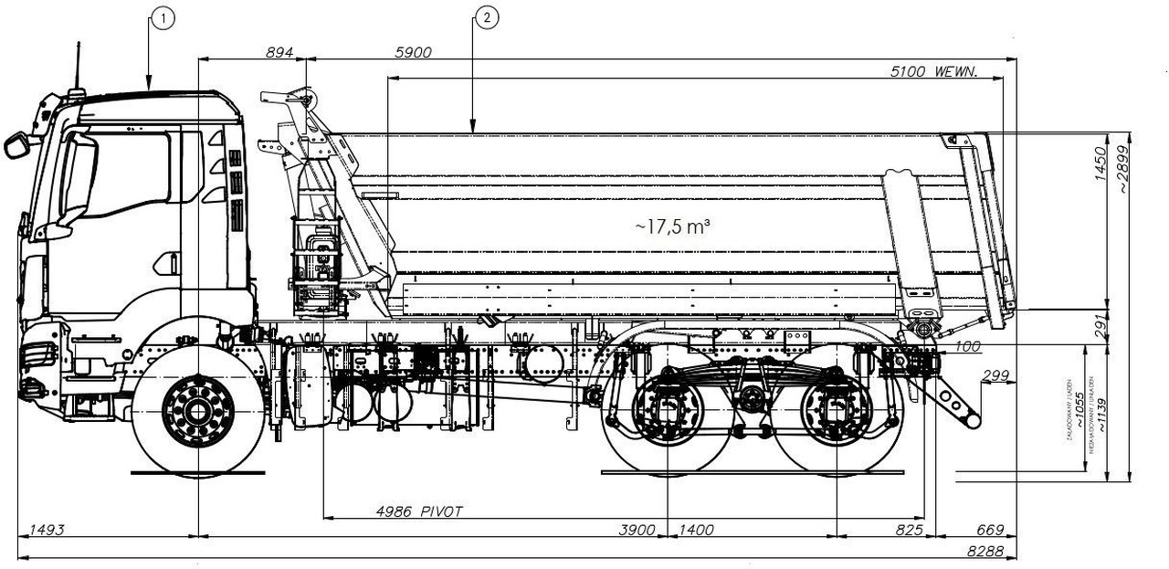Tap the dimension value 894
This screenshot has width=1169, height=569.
[x=279, y=53]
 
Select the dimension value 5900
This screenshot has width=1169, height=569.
[x=413, y=53]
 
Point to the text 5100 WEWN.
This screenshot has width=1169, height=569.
[x=934, y=71]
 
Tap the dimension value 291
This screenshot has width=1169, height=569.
[x=1100, y=326]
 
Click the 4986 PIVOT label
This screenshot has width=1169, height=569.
[x=419, y=511]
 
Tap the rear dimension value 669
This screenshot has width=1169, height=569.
[x=990, y=530]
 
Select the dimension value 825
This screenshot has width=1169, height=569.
[x=910, y=530]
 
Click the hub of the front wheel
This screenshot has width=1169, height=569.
[x=198, y=411]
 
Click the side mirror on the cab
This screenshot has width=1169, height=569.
[x=16, y=145]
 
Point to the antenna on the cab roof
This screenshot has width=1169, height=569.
[x=77, y=68]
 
